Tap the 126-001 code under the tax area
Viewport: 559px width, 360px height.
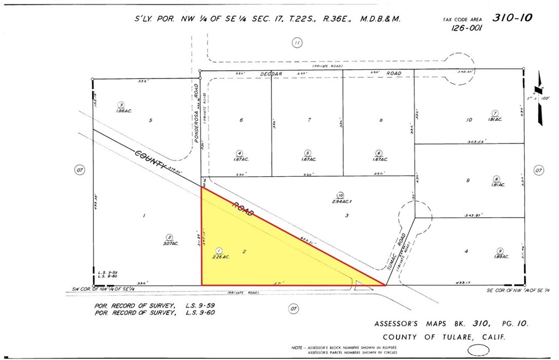[466, 29]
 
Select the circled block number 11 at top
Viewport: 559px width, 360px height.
[296, 43]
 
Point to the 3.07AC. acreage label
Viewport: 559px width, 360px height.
[170, 243]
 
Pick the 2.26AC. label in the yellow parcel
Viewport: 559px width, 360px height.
[221, 256]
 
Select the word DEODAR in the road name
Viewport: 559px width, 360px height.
[271, 73]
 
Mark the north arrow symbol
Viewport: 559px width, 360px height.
[540, 98]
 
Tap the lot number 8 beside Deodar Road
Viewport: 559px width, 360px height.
[381, 120]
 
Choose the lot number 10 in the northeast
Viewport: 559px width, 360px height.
[469, 120]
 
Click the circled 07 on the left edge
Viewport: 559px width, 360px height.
[80, 171]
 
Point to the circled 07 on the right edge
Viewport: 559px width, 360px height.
[539, 171]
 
